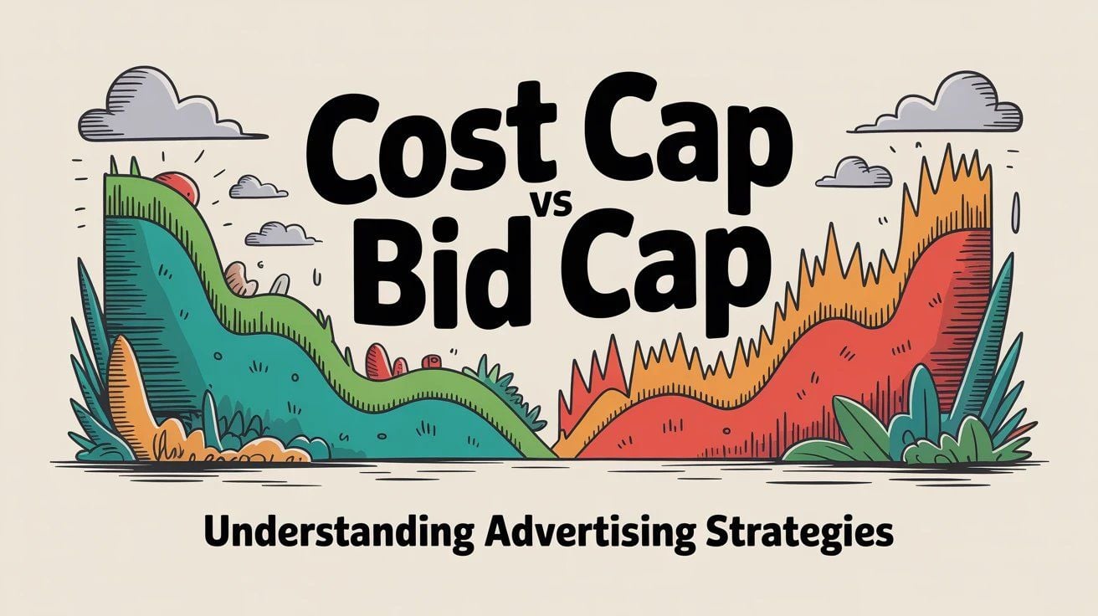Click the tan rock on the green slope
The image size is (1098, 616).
238,278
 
